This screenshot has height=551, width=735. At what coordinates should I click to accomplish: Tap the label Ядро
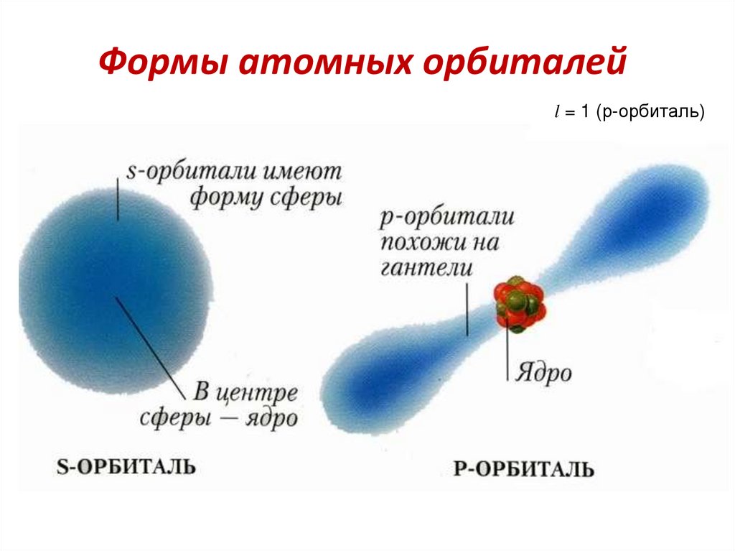543,374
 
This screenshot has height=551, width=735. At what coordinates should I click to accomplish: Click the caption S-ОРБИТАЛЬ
126,467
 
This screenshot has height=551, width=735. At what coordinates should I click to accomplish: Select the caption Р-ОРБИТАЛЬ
524,469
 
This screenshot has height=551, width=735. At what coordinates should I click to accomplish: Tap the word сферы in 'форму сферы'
304,198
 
